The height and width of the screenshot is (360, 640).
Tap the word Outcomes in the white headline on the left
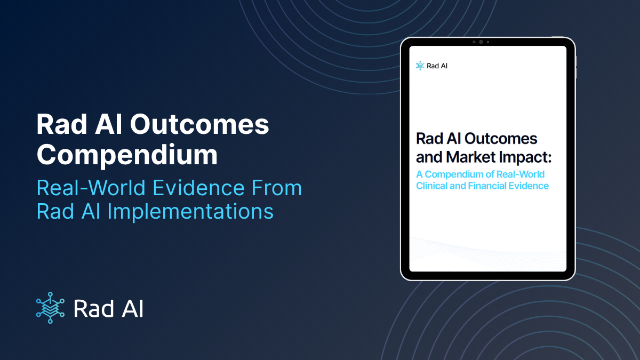point(199,124)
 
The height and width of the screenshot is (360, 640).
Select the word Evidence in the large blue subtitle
point(198,188)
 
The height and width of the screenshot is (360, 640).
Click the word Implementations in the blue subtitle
point(190,211)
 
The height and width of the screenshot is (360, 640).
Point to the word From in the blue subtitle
point(277,188)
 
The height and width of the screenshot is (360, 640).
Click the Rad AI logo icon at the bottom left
point(50,308)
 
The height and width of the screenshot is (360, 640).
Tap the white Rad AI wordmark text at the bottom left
point(109,309)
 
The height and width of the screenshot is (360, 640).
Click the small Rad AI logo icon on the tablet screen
point(420,66)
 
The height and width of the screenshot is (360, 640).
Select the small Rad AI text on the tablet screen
point(437,66)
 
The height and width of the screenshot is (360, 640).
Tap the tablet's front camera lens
point(481,42)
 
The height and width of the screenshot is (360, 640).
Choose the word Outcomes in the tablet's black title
point(501,139)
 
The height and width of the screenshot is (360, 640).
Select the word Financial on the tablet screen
point(487,186)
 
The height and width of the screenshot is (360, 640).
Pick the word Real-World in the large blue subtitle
point(91,188)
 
